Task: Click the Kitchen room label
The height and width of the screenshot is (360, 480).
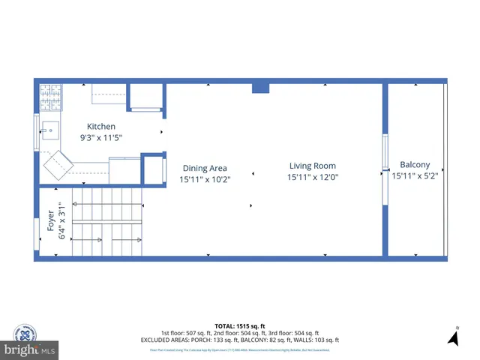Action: click(101, 127)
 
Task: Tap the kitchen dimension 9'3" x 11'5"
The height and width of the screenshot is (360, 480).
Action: click(101, 138)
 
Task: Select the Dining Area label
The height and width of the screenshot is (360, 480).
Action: click(205, 169)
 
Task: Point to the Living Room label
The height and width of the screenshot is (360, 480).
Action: click(313, 166)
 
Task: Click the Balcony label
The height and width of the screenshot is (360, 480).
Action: click(415, 165)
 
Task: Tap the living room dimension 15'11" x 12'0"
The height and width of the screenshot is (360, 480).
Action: click(313, 178)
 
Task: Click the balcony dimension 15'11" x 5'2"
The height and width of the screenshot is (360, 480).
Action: click(415, 176)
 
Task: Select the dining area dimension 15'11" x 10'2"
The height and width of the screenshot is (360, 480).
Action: click(205, 180)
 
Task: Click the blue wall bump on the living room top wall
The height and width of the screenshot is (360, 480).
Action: click(260, 87)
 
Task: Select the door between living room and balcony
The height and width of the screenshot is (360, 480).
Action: click(385, 169)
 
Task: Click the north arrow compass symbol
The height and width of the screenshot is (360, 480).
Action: click(453, 338)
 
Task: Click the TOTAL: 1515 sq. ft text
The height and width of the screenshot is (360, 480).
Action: click(239, 326)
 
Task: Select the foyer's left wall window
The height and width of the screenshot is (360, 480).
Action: click(37, 232)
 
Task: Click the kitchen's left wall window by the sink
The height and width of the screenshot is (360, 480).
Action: click(37, 133)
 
